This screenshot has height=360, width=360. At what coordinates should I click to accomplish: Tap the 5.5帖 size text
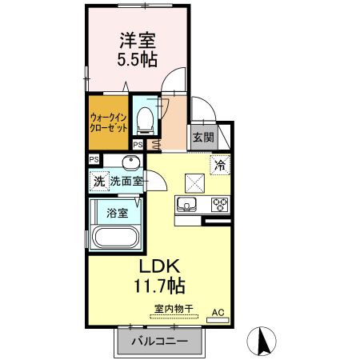click(x=138, y=58)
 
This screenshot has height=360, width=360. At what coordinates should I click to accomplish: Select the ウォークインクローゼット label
click(x=107, y=123)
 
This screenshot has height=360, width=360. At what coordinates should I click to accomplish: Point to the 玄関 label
click(x=203, y=137)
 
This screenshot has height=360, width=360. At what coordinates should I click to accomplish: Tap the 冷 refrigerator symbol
click(x=220, y=166)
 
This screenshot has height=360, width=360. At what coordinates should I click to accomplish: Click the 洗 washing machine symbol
click(x=98, y=181)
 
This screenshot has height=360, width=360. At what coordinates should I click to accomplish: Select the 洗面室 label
click(x=126, y=181)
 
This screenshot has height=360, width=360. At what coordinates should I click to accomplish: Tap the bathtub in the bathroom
click(x=117, y=238)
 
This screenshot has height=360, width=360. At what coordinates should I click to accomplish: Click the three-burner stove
click(x=219, y=205)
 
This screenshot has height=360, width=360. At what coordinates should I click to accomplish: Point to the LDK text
click(x=164, y=266)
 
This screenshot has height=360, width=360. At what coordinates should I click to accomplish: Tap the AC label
click(x=218, y=312)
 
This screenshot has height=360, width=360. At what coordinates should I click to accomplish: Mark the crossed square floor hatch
click(x=195, y=182)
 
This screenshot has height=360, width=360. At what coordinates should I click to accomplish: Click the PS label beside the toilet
click(x=138, y=145)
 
